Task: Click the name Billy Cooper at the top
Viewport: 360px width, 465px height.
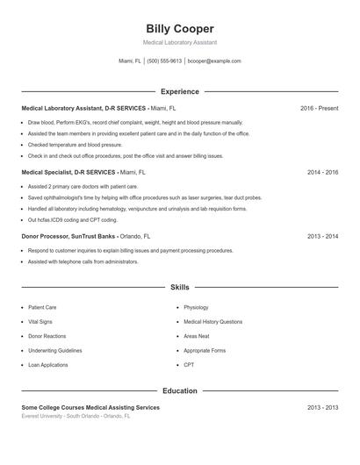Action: coord(179,29)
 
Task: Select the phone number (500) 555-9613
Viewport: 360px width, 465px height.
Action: coord(164,61)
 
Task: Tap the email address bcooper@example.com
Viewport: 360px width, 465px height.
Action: coord(214,61)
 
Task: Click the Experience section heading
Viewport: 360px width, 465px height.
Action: coord(179,91)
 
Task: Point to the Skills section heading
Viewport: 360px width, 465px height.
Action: coord(179,287)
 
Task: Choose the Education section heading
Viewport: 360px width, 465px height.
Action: coord(179,390)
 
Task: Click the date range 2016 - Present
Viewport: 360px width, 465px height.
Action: coord(319,108)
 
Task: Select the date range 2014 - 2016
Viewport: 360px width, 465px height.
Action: coord(322,173)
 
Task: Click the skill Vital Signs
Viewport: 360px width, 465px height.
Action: coord(40,322)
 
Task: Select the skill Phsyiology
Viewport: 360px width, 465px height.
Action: coord(196,308)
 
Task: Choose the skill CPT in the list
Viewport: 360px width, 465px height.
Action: coord(189,364)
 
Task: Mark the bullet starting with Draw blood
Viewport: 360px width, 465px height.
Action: coord(134,123)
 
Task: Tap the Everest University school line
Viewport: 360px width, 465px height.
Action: coord(76,416)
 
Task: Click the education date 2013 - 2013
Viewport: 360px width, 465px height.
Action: coord(322,408)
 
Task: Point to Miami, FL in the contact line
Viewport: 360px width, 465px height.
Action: coord(130,61)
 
